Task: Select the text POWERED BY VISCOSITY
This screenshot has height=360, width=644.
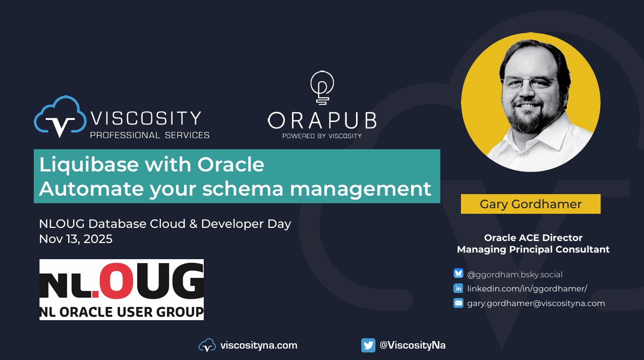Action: [322, 135]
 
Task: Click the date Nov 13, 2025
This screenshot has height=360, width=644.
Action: [76, 239]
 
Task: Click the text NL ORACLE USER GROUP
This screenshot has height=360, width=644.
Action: [122, 311]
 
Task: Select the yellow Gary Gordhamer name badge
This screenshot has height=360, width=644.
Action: [531, 204]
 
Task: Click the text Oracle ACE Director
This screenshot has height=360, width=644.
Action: [533, 237]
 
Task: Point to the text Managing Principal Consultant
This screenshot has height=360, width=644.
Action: [533, 249]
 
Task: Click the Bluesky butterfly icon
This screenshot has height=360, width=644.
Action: [458, 274]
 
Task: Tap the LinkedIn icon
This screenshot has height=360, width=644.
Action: [458, 288]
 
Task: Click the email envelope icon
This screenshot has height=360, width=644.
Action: [458, 303]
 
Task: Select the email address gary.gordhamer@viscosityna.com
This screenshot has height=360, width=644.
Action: [536, 303]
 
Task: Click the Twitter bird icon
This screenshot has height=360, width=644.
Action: [368, 345]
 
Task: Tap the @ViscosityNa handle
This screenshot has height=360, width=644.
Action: [412, 345]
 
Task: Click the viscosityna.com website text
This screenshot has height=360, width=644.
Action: [258, 345]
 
